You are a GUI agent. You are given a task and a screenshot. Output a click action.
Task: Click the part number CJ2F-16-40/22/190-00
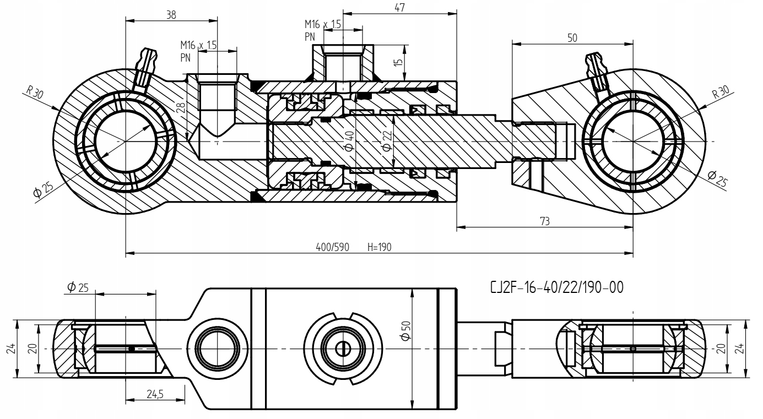(x=557, y=287)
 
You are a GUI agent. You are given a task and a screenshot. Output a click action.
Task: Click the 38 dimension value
(x=171, y=15)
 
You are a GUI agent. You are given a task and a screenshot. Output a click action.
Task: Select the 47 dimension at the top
(x=399, y=8)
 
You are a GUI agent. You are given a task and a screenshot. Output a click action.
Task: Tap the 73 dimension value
(x=545, y=221)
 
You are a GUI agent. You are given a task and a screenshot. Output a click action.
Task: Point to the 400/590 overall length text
(x=332, y=247)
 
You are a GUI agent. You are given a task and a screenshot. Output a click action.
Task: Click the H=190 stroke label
(x=380, y=247)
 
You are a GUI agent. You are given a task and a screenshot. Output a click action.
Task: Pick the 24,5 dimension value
(x=155, y=394)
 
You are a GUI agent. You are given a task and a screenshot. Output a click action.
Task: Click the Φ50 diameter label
(x=407, y=330)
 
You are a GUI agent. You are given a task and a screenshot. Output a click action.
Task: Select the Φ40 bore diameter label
(x=349, y=141)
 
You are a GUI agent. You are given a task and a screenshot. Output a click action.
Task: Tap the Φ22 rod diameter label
(x=387, y=141)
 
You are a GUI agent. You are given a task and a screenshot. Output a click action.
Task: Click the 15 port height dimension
(x=398, y=63)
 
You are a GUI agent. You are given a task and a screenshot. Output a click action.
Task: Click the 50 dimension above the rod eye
(x=572, y=38)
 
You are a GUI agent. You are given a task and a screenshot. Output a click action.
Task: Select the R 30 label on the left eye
(x=35, y=92)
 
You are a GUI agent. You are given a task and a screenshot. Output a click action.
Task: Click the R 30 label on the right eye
(x=721, y=91)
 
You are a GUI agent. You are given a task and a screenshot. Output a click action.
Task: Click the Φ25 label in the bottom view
(x=78, y=287)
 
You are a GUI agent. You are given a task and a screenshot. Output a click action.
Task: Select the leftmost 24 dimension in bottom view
(x=11, y=349)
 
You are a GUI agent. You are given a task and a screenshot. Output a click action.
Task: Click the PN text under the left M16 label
(x=185, y=58)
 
